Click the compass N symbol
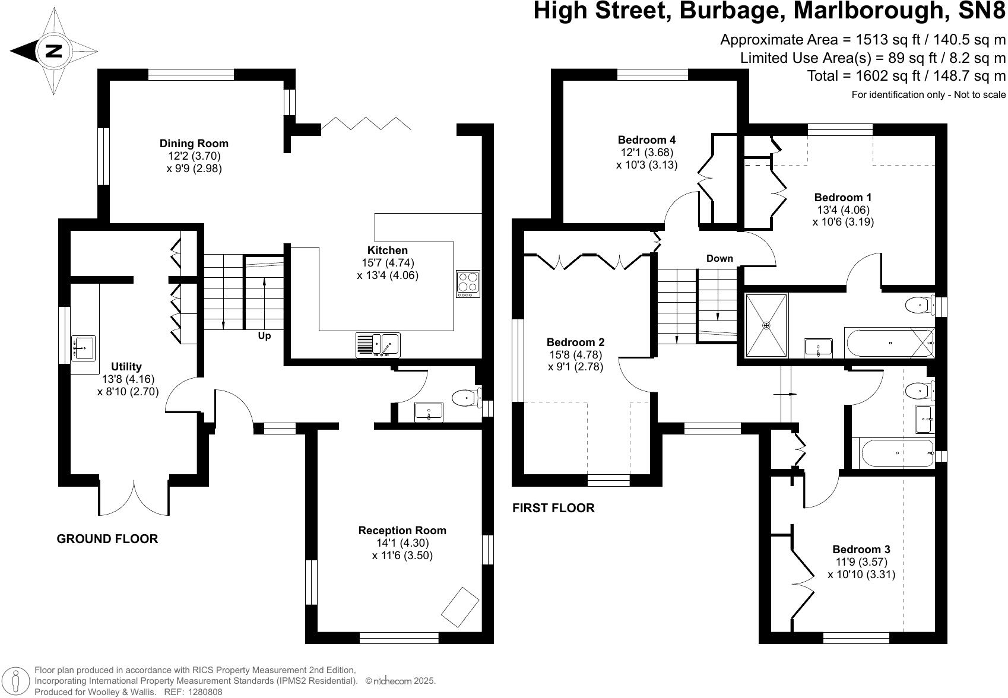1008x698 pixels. click(x=53, y=51)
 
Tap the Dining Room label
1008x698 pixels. click(x=194, y=143)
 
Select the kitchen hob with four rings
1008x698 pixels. click(x=468, y=283)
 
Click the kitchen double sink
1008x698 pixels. click(x=378, y=344)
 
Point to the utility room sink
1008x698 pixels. click(x=84, y=348)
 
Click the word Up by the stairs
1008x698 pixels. click(x=264, y=336)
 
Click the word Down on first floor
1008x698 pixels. click(x=719, y=259)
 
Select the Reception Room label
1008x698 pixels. click(x=402, y=530)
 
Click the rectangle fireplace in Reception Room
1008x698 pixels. click(x=460, y=607)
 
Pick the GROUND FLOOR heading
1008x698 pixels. click(x=107, y=539)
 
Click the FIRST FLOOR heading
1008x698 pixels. click(x=553, y=508)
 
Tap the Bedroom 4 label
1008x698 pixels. click(x=646, y=140)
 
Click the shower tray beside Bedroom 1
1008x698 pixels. click(x=766, y=326)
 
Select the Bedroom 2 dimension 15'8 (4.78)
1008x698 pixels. click(x=575, y=355)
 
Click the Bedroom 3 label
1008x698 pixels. click(x=861, y=549)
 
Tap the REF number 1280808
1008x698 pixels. click(x=202, y=692)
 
